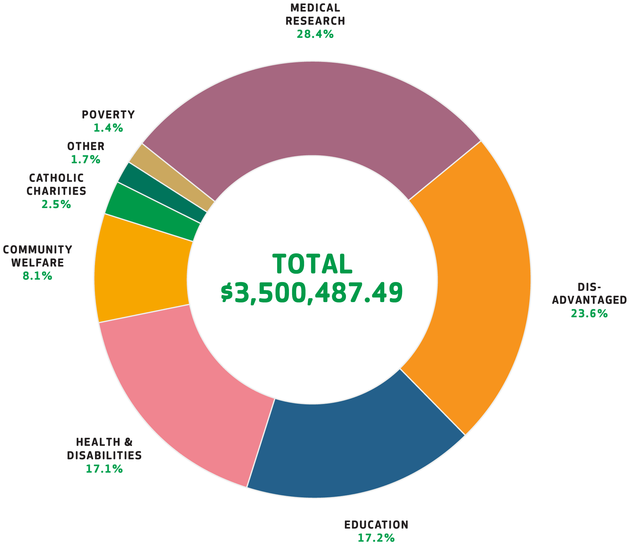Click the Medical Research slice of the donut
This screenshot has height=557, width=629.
tap(311, 108)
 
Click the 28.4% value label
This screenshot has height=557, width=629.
tap(315, 34)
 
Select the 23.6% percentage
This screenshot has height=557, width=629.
tap(589, 314)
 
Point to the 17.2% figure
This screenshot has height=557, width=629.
tap(376, 538)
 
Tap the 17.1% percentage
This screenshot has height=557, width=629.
tap(104, 469)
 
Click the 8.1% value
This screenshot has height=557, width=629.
tap(37, 276)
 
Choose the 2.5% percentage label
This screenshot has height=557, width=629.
tap(56, 204)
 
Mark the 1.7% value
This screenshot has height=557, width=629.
tap(86, 160)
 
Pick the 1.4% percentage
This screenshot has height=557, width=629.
tap(108, 128)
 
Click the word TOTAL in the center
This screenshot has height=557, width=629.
tap(312, 264)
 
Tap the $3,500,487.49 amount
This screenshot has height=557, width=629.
tap(312, 293)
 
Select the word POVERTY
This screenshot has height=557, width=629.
tap(108, 115)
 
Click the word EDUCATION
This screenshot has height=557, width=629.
tap(376, 525)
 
